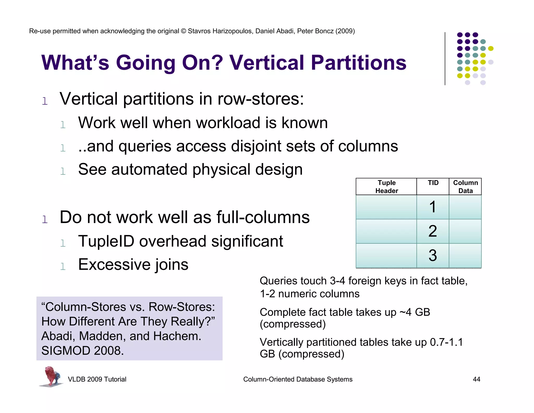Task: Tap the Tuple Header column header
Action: tap(386, 187)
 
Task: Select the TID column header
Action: tap(433, 183)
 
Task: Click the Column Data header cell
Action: tap(465, 187)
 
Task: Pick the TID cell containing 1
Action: tap(433, 207)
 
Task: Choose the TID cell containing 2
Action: tap(433, 231)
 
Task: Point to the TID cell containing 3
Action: tap(433, 255)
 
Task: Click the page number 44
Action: tap(476, 379)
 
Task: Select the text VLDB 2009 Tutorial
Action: tap(97, 379)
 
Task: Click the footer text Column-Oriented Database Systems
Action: tap(298, 379)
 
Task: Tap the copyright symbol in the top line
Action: tap(183, 31)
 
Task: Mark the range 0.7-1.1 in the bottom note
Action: tap(446, 342)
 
